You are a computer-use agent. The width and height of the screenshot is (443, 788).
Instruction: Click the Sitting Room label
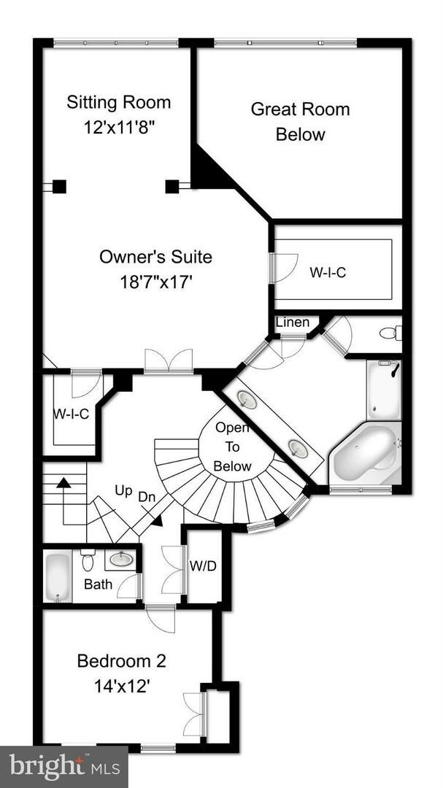[118, 101]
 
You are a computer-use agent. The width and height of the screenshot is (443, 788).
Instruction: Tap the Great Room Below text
[300, 122]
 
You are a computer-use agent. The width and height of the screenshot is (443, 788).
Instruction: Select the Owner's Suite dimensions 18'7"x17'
[155, 282]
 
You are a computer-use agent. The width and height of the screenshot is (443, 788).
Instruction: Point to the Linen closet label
[292, 322]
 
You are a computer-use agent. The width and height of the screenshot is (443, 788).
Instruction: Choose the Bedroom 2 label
[122, 662]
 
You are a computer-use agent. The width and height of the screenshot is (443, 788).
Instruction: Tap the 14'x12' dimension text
[122, 686]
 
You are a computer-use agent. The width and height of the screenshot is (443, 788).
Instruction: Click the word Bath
[98, 584]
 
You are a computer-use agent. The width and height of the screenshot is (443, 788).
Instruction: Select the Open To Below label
[233, 447]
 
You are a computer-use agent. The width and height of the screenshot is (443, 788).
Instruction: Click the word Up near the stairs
[123, 491]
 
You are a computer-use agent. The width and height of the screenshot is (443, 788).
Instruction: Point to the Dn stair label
[148, 496]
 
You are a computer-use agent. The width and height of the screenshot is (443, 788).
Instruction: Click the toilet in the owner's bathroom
[390, 334]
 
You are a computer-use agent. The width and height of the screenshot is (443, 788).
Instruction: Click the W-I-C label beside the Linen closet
[327, 272]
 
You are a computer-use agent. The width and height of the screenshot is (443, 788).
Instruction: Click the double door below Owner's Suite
[169, 362]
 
